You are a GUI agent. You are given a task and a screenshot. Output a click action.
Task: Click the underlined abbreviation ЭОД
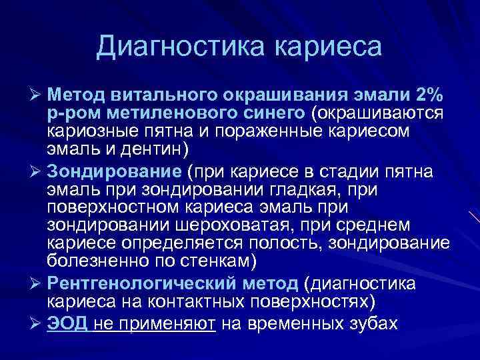67,323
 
